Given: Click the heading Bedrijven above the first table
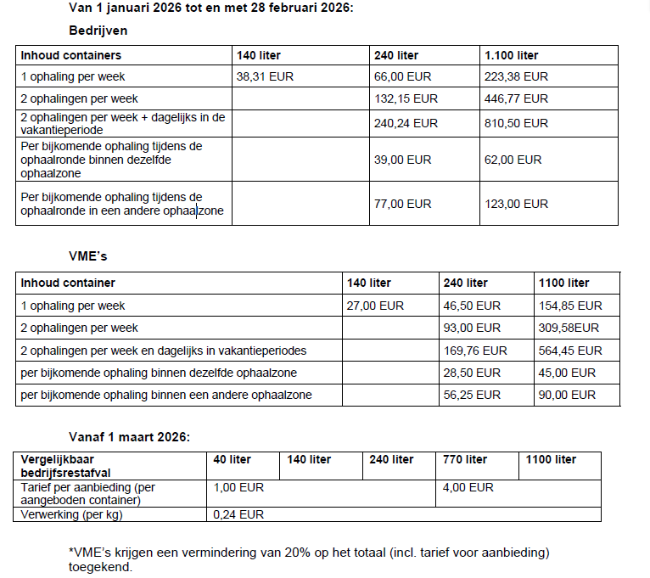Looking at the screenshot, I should point(98,30).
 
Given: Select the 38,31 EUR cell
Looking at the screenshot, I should point(266,76).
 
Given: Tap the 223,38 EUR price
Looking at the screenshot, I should point(516,76).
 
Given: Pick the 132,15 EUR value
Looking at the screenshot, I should point(406,98).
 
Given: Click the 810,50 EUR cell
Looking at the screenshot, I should point(516,123).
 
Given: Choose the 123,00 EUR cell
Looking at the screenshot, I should point(516,204).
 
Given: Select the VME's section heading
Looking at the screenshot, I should point(87,255).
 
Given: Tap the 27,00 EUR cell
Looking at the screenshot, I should point(375,306).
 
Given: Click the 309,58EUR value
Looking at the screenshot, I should point(569,328).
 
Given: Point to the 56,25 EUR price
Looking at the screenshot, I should point(471,395).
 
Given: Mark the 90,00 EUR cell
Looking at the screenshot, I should point(567,395).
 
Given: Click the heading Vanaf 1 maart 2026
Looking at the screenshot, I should point(129,437).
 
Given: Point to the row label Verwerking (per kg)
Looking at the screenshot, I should point(72,514).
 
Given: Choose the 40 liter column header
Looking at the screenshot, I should point(232,459).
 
